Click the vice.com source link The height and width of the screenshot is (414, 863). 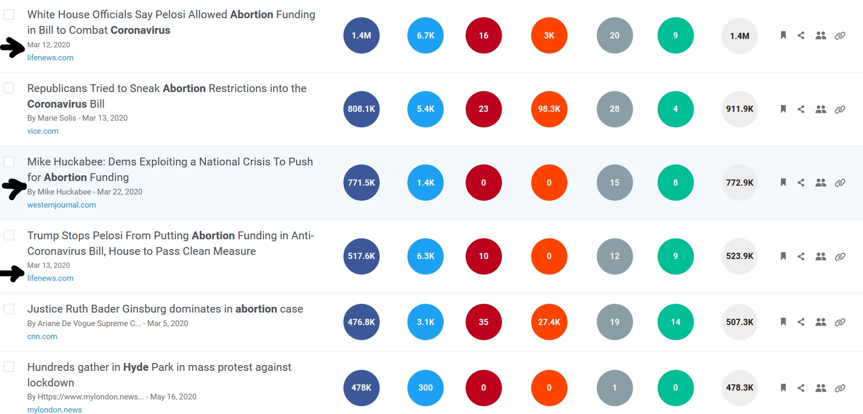tap(43, 131)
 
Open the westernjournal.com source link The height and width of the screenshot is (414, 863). tap(61, 205)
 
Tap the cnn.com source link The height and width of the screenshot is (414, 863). tap(42, 337)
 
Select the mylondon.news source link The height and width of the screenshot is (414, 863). tap(55, 410)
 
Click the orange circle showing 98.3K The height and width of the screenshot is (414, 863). tap(549, 109)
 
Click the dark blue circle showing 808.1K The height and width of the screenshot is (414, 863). tap(362, 109)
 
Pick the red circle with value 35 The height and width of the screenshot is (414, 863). tap(483, 322)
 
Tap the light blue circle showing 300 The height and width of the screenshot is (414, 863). tap(426, 387)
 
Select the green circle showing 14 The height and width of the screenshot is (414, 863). tap(675, 322)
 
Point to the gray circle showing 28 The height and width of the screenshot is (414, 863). tap(614, 109)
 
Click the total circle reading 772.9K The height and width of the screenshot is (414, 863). tap(740, 183)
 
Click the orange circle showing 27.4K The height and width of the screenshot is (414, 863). tap(549, 322)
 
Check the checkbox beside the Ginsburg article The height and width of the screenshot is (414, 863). tap(9, 309)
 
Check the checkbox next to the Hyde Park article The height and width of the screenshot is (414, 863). tap(9, 367)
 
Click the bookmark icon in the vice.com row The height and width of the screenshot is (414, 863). tap(783, 109)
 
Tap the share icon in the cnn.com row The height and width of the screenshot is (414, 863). tap(801, 322)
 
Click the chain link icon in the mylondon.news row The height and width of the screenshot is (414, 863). tap(840, 388)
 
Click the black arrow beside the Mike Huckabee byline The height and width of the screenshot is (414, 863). tap(14, 188)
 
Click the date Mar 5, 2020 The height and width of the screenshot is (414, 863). tap(168, 324)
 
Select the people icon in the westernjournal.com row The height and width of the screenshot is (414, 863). tap(821, 183)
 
